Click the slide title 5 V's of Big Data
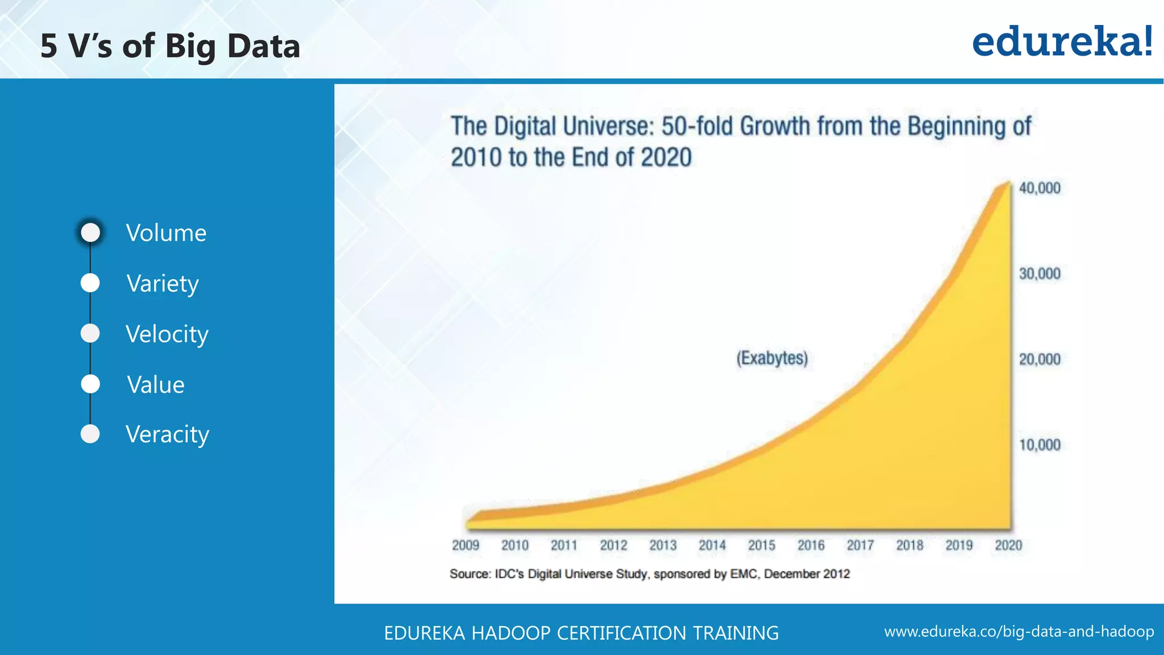pos(170,46)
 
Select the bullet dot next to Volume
pos(90,233)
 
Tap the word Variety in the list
pos(163,283)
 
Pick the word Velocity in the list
pos(167,334)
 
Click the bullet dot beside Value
pos(90,384)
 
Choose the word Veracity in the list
pos(167,434)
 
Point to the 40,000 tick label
pos(1040,188)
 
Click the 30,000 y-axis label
pos(1040,273)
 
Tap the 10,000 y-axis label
pos(1040,445)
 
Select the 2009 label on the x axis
pos(465,545)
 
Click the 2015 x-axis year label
pos(762,545)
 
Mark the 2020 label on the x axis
pos(1008,545)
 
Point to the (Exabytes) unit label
pos(772,358)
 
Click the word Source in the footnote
pos(469,574)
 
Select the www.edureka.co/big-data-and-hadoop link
pos(1019,632)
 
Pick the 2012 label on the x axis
pos(613,545)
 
